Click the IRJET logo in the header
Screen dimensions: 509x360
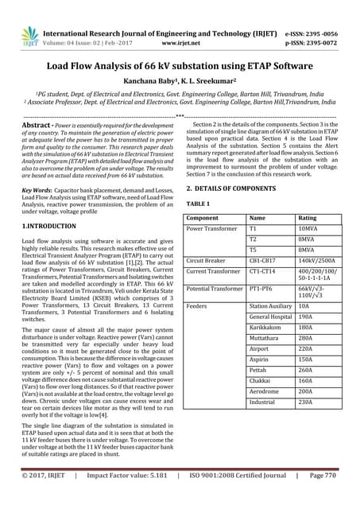click(30, 33)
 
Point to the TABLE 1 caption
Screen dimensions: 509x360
click(198, 204)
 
